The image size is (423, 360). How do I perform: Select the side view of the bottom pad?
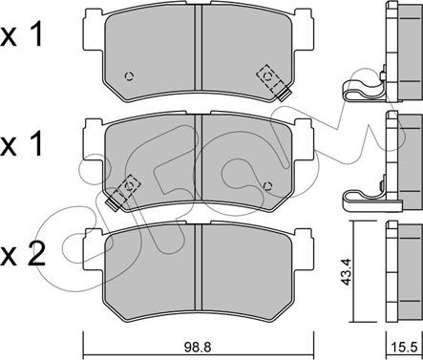pos(396,273)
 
